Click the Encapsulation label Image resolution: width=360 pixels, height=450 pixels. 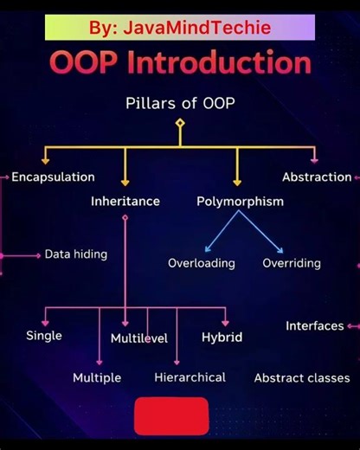tap(53, 177)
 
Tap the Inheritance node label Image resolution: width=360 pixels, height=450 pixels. tap(125, 202)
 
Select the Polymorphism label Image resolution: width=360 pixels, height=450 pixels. tap(240, 202)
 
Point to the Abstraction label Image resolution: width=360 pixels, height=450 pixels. tap(317, 177)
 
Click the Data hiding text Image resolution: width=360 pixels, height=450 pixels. tap(76, 254)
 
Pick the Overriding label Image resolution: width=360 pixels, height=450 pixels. tap(292, 263)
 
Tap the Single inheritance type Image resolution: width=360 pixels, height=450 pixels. tap(44, 336)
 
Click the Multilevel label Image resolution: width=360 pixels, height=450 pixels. tap(139, 338)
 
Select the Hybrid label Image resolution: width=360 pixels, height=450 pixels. tap(222, 337)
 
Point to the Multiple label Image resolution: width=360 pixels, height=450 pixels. tap(97, 378)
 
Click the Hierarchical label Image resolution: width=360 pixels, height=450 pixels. tap(190, 377)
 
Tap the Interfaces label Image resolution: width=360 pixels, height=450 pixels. tap(315, 326)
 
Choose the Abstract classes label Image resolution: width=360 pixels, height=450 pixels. tap(302, 378)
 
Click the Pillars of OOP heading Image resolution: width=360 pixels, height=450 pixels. tap(180, 104)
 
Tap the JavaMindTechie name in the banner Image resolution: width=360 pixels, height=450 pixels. tap(197, 28)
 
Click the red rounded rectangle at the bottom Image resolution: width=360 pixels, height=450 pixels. tap(171, 415)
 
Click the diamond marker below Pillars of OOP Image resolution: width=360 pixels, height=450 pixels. tap(180, 123)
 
